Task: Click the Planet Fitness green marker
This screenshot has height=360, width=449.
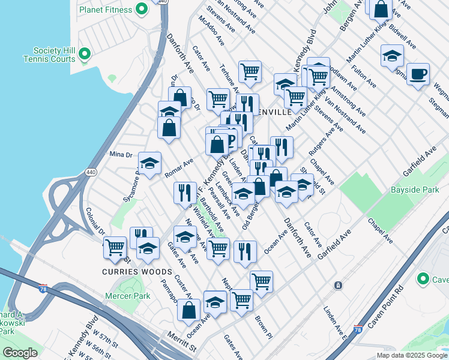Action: pos(142,9)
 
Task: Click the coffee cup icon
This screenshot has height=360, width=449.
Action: pos(418,74)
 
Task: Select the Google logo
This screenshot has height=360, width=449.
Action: pos(20,352)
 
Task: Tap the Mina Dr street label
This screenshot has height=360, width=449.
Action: pos(120,154)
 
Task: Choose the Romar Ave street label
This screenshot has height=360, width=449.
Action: pos(179,169)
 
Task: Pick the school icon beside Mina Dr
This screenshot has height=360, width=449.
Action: pos(150,163)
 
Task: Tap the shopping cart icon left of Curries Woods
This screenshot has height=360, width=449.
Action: pos(114,247)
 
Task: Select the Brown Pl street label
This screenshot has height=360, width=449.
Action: pos(263,326)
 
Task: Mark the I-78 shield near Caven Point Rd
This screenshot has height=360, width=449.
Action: pos(358,329)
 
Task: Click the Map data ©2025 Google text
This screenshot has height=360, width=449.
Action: pos(412,355)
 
